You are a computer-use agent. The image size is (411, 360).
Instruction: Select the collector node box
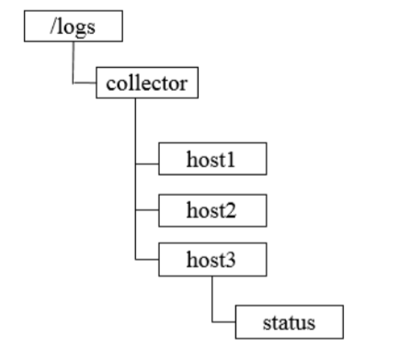(x=147, y=84)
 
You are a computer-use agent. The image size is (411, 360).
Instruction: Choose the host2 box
(x=212, y=210)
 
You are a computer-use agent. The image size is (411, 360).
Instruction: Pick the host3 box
(x=212, y=262)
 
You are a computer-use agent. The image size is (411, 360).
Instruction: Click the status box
(x=290, y=322)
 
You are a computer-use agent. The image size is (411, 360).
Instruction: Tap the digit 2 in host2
(x=234, y=210)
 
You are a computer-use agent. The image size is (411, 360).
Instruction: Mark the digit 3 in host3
(x=234, y=262)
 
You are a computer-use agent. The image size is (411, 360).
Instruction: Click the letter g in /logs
(x=79, y=28)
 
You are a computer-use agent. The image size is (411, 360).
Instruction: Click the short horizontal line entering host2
(x=147, y=210)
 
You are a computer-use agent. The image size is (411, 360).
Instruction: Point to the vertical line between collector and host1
(x=135, y=129)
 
